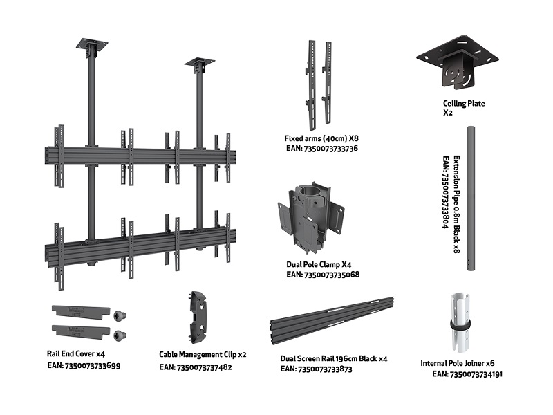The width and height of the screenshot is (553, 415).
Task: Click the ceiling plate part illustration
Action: tap(458, 63)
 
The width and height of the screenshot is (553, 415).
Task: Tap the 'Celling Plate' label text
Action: tap(464, 104)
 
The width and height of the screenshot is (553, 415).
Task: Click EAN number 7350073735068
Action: tap(322, 275)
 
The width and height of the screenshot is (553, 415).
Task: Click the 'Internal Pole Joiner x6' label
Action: tap(457, 363)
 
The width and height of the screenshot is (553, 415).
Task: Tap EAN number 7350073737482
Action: tap(195, 367)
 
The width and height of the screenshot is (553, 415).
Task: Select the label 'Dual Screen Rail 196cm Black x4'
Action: tap(334, 359)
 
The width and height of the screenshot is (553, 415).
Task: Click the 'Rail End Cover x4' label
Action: tap(75, 354)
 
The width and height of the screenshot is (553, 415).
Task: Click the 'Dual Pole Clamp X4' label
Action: tap(317, 264)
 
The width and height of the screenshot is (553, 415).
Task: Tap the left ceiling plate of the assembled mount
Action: tap(92, 45)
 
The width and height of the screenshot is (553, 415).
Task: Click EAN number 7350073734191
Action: tap(467, 374)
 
